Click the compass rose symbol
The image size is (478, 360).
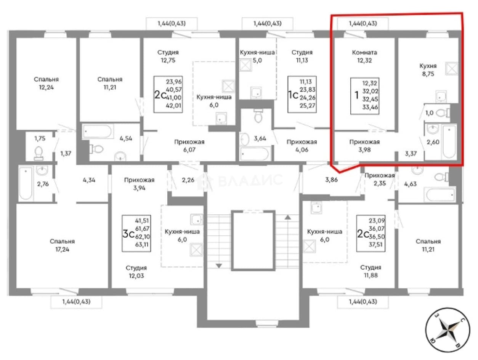(x=447, y=330)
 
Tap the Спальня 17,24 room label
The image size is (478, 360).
(x=62, y=245)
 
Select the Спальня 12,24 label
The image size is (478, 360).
(x=46, y=83)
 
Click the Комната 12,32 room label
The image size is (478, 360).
(x=364, y=56)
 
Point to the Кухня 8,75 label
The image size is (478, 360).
(x=428, y=70)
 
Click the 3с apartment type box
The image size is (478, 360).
(x=136, y=233)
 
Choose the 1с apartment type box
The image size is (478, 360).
(x=302, y=94)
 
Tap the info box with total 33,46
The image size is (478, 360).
(x=364, y=96)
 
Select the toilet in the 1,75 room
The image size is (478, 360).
(x=39, y=153)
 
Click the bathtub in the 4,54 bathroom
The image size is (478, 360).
(x=98, y=131)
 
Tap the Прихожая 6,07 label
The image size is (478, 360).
(x=189, y=146)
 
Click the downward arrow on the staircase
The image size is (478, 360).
(x=219, y=265)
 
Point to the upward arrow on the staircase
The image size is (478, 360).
(x=288, y=217)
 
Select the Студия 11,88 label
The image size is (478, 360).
(x=371, y=271)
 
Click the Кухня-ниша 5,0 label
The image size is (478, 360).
(x=257, y=56)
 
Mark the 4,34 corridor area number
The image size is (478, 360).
(x=89, y=180)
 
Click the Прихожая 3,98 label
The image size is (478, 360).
(x=364, y=146)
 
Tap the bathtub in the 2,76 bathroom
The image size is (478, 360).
(x=26, y=183)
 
